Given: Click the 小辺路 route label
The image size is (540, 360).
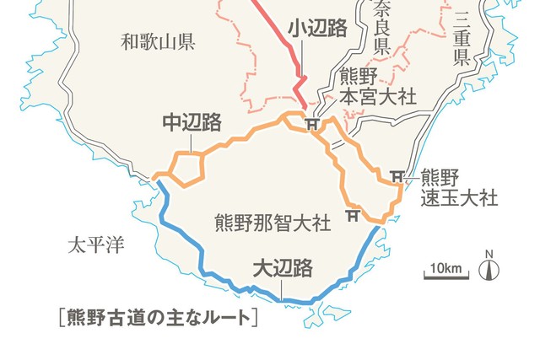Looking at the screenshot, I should pos(317,28).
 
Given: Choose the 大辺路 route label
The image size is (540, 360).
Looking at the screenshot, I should pos(283,268).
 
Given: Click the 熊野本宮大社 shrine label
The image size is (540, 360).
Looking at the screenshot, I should pos(377,87).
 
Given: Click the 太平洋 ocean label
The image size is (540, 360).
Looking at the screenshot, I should pos(95,245).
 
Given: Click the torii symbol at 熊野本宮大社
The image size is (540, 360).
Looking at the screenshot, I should pos(311,125).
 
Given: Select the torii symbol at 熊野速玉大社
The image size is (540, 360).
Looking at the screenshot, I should pos(397,177).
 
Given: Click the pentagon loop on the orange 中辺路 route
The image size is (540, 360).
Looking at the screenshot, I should pos(187,171).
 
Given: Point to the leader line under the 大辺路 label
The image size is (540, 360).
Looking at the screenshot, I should pos(283,288).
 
